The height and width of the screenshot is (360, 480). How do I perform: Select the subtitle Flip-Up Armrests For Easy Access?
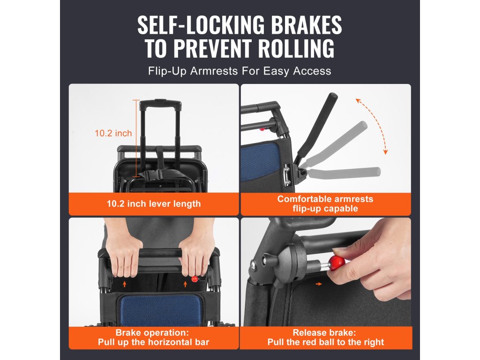tap(240, 71)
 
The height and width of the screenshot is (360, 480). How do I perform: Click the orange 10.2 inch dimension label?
tap(113, 133)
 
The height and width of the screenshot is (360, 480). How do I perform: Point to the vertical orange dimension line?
tap(136, 138)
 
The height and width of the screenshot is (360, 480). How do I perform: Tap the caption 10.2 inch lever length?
tap(154, 204)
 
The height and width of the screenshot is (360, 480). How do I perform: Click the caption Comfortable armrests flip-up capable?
tap(325, 204)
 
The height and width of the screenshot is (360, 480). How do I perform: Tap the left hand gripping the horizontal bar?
tap(124, 251)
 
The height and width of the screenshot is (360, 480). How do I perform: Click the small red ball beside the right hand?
tap(194, 279)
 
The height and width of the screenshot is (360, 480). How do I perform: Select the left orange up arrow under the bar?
tap(124, 285)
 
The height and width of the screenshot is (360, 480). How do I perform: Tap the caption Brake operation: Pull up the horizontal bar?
tap(153, 337)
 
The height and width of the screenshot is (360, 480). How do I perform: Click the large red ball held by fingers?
tap(337, 262)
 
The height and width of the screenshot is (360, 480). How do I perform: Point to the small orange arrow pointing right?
tap(319, 284)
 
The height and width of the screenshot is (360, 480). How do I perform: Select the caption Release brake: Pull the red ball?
tap(326, 337)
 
